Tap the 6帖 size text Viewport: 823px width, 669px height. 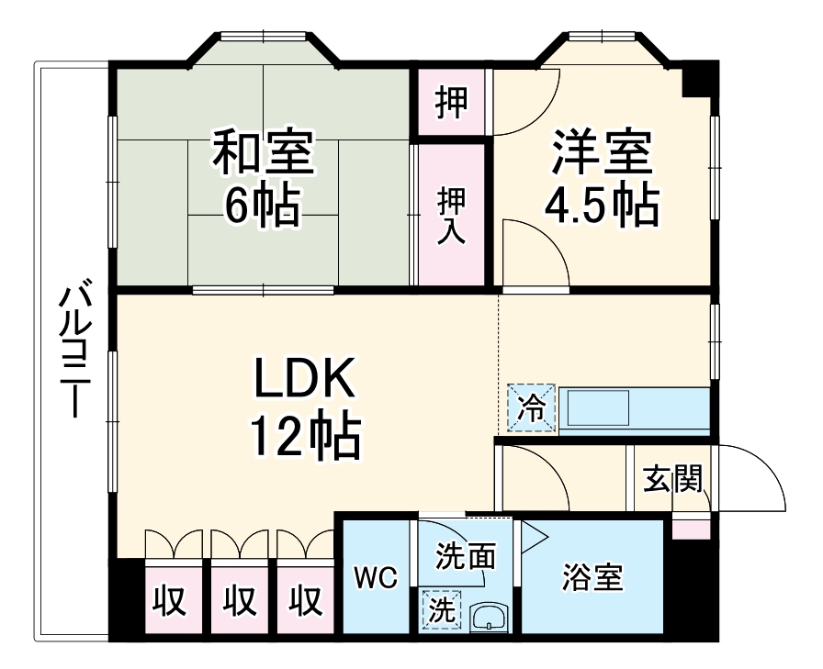(263, 206)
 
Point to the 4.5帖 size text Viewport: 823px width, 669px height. (602, 206)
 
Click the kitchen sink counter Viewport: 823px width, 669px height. (634, 409)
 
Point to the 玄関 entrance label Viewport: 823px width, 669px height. (671, 479)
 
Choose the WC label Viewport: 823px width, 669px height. (376, 578)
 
